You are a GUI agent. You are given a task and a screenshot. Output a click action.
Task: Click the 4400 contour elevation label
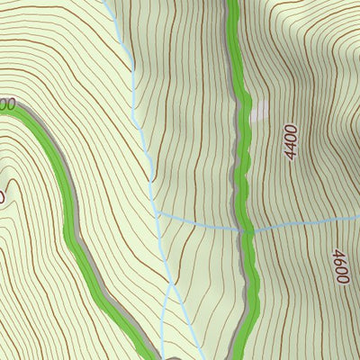[x=290, y=141]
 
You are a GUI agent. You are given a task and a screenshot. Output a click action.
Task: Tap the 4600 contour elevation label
[x=340, y=266]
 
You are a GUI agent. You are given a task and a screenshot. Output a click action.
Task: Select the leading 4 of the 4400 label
[x=289, y=155]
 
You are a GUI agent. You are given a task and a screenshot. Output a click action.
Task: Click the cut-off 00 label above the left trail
[x=7, y=104]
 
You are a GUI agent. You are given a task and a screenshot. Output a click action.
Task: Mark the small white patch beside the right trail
[x=259, y=112]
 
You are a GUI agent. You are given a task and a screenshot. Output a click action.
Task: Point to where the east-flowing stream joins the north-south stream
[x=157, y=215]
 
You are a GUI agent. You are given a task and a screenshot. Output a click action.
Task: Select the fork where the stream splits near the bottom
[x=171, y=286]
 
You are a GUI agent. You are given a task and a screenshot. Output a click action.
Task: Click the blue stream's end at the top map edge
[x=108, y=3]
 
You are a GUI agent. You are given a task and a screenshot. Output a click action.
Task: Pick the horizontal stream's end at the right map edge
[x=357, y=218]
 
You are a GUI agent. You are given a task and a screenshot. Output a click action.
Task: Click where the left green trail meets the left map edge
[x=3, y=107]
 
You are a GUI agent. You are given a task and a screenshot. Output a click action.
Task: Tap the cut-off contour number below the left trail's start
[x=3, y=195]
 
